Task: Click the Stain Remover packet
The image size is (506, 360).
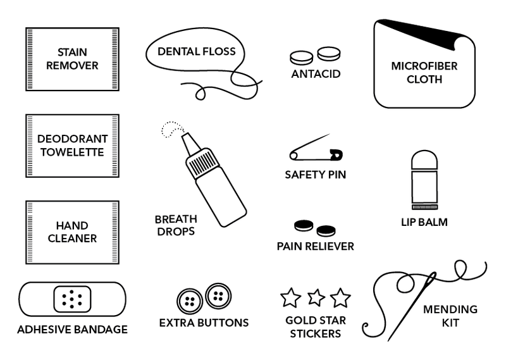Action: [x=72, y=59]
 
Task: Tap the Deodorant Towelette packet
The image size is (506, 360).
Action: [x=72, y=145]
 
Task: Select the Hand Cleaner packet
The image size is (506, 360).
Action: [x=72, y=232]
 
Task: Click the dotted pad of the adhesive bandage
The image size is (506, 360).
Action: [x=73, y=297]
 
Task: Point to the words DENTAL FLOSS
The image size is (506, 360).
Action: [x=197, y=51]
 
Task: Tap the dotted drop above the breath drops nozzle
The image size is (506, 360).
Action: [x=170, y=129]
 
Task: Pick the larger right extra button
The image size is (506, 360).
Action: [x=218, y=295]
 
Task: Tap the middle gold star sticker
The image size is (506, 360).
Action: [x=316, y=296]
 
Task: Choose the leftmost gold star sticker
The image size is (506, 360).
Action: [x=290, y=297]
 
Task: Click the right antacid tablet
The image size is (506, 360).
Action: [x=329, y=54]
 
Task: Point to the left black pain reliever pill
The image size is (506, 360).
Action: [x=304, y=226]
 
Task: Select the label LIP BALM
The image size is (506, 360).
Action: [x=424, y=222]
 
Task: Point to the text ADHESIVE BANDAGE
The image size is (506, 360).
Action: [x=72, y=330]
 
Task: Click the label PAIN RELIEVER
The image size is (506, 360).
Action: [x=315, y=245]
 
